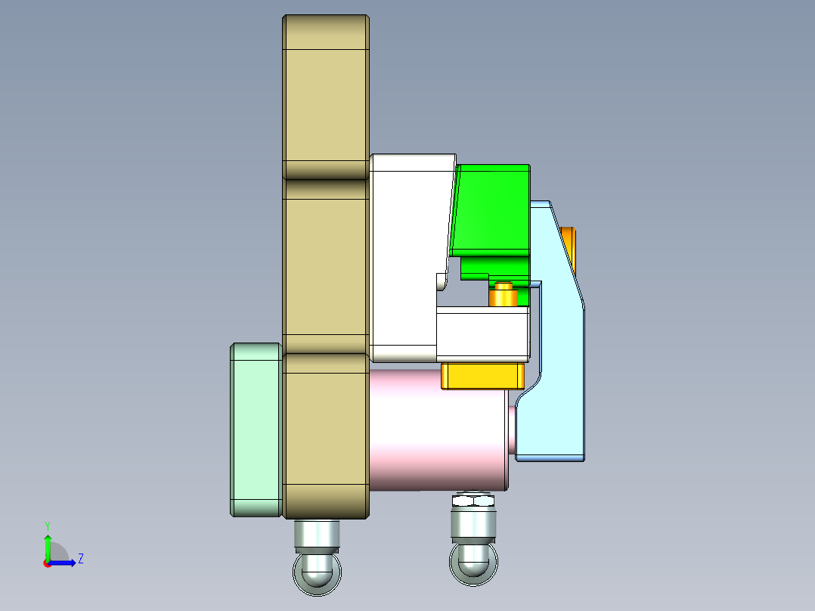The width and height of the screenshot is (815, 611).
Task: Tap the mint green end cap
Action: click(x=256, y=430)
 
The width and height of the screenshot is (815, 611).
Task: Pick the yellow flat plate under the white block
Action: click(x=482, y=376)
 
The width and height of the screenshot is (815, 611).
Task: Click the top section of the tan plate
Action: click(x=325, y=98)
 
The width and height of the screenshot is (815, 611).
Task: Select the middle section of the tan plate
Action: click(x=325, y=265)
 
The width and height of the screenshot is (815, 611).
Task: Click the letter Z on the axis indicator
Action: click(x=80, y=559)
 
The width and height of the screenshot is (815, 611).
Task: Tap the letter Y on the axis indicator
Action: click(x=47, y=525)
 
